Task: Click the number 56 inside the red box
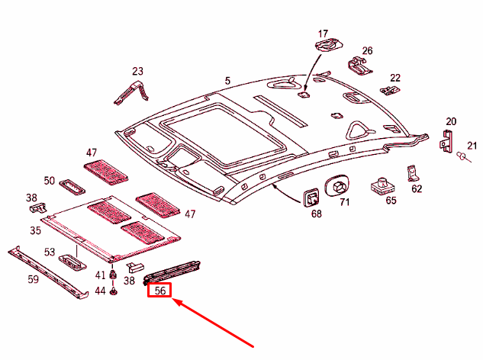click(160, 291)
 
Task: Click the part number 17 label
click(323, 34)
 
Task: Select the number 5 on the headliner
click(227, 80)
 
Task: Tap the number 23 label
click(137, 72)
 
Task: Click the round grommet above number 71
click(336, 185)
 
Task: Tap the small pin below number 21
click(462, 157)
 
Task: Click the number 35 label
click(35, 230)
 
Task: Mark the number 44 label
click(100, 291)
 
